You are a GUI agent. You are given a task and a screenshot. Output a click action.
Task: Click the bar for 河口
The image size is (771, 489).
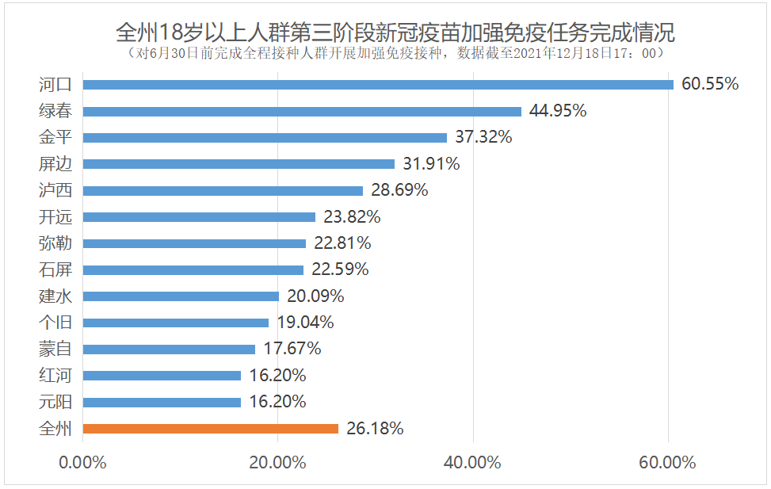[378, 84]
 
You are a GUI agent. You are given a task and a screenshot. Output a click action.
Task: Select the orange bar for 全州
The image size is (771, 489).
[210, 429]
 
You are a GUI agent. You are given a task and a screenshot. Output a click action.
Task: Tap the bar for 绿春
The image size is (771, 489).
[302, 111]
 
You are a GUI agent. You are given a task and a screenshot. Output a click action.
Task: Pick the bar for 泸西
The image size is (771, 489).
[223, 190]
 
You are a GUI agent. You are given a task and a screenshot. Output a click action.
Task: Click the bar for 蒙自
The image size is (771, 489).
[169, 349]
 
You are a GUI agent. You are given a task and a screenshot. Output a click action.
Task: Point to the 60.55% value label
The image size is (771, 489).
[710, 84]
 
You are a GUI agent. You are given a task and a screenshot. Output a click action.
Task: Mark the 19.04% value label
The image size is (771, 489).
[305, 323]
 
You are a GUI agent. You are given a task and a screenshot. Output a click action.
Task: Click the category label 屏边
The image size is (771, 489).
[55, 164]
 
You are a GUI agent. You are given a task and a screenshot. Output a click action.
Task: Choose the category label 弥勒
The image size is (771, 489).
[55, 243]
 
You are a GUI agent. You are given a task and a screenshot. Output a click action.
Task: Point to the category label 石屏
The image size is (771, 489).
[55, 269]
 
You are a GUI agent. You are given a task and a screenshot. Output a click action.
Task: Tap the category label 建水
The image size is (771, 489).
[55, 296]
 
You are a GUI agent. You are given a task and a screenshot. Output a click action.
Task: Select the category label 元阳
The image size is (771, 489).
[55, 402]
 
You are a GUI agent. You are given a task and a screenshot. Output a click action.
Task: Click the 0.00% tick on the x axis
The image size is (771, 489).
[82, 463]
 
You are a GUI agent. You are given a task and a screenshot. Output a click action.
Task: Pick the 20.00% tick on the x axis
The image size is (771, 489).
[277, 463]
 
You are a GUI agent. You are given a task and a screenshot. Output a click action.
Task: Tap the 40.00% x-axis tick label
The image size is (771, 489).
[473, 463]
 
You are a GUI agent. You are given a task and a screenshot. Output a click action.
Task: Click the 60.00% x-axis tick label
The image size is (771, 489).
[668, 463]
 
